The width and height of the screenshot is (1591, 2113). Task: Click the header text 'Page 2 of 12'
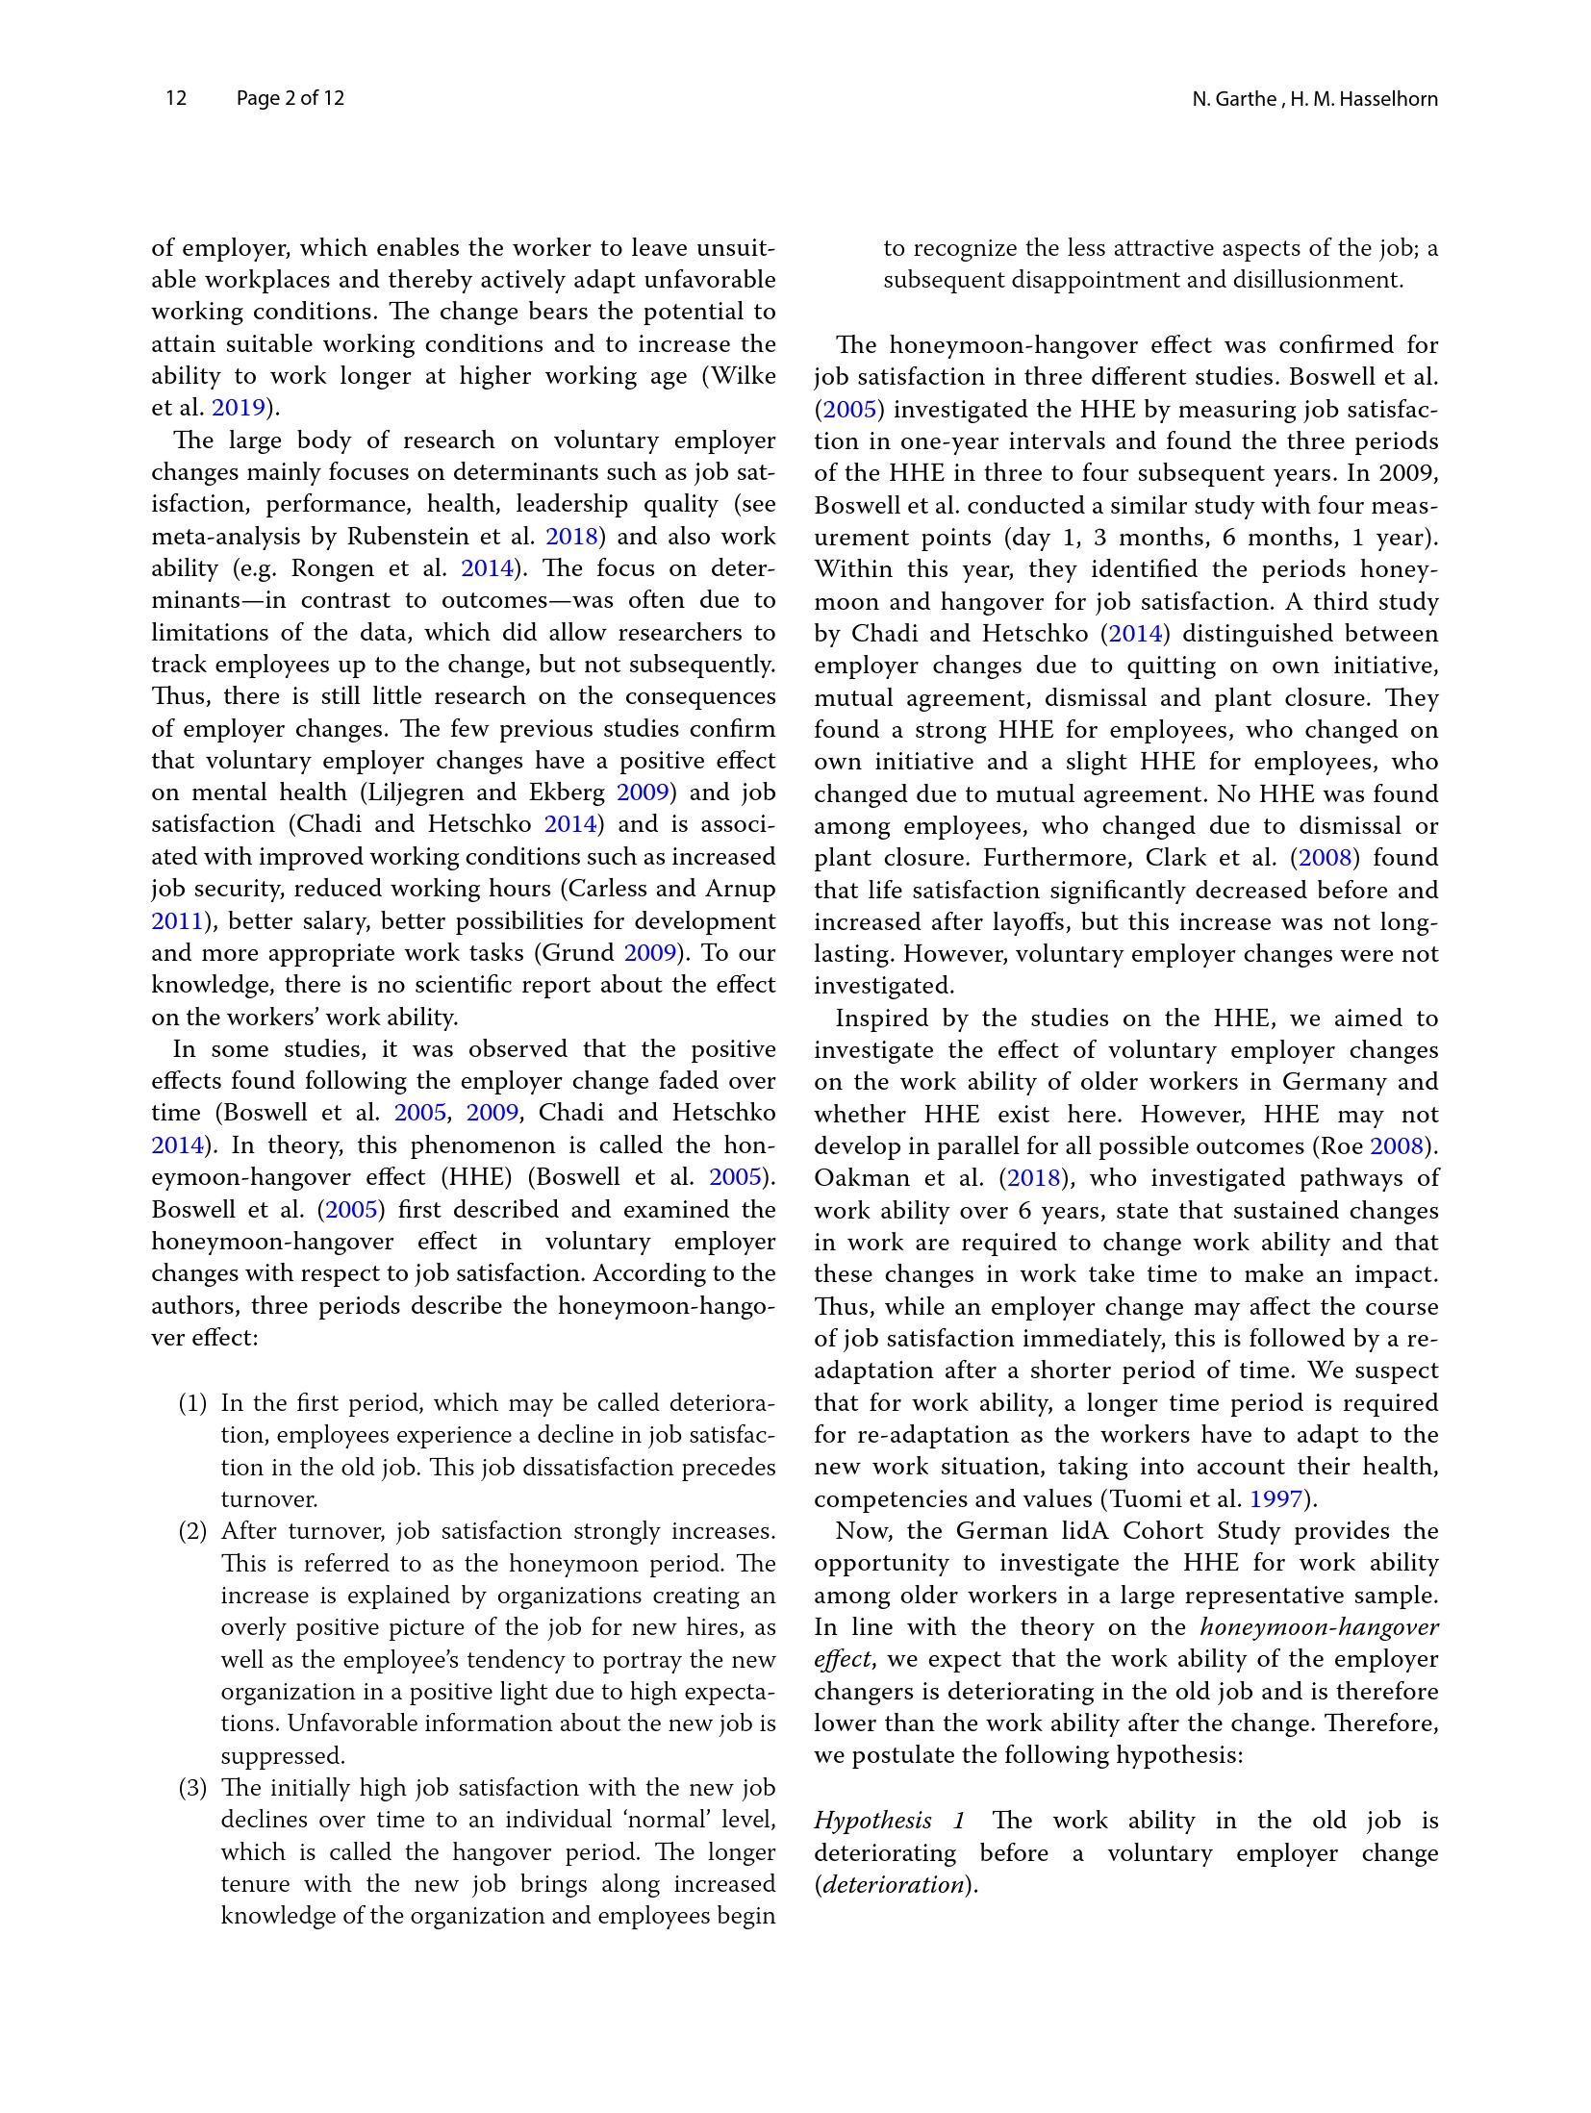click(290, 98)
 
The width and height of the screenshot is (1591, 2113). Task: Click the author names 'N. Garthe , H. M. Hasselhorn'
click(1314, 99)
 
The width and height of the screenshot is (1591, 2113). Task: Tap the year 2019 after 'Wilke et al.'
click(238, 408)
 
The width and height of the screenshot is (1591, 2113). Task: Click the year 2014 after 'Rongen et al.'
click(488, 568)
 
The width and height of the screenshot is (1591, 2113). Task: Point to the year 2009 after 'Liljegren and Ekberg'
click(642, 792)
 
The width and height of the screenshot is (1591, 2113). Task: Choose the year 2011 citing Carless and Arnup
click(177, 921)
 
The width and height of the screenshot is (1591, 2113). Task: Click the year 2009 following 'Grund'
click(650, 953)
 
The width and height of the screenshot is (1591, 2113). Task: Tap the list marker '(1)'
click(192, 1403)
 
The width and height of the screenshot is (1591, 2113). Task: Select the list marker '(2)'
click(192, 1531)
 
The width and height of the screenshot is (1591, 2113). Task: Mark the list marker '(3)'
click(192, 1788)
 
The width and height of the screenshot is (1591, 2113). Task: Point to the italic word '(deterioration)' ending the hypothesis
click(896, 1884)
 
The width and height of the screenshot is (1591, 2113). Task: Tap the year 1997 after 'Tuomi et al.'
click(1275, 1499)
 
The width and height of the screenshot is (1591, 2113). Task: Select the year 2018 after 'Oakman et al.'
click(1034, 1178)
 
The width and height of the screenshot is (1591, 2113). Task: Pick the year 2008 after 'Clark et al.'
click(1326, 858)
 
